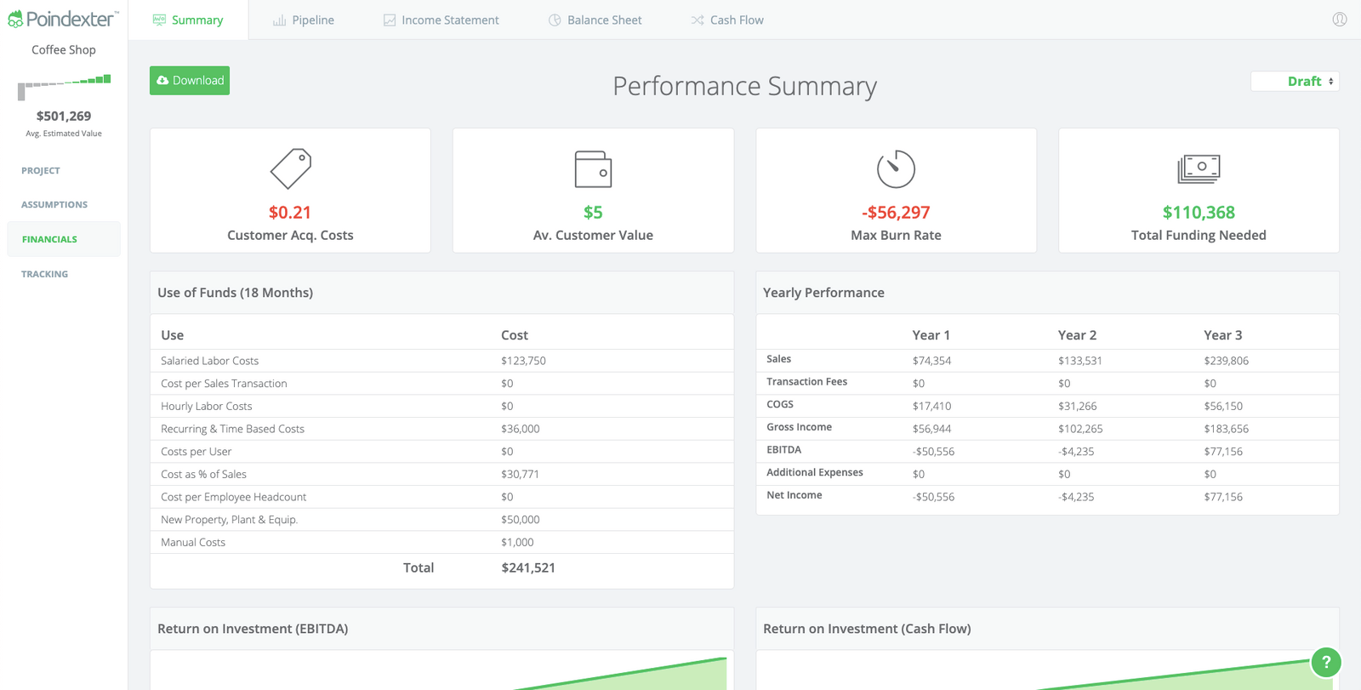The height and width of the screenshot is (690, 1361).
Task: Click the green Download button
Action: point(190,81)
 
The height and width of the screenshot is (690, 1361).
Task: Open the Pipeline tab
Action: point(304,20)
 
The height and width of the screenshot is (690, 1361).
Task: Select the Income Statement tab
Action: point(441,20)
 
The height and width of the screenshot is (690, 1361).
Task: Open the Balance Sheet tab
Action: point(595,20)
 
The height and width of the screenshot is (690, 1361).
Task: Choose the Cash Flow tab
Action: point(727,20)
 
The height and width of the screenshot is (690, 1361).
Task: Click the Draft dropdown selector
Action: point(1296,82)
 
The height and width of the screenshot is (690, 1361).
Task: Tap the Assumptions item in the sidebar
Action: point(54,205)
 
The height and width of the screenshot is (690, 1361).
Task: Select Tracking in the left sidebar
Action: point(44,275)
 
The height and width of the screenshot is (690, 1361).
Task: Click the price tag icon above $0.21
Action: point(291,168)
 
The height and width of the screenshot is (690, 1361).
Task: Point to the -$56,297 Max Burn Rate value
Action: point(896,213)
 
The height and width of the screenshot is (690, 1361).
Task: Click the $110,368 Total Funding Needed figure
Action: point(1199,213)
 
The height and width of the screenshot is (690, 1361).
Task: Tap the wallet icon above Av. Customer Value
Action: point(593,169)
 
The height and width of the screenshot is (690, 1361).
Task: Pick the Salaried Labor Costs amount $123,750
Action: point(523,361)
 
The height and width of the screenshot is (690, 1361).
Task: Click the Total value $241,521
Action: point(528,567)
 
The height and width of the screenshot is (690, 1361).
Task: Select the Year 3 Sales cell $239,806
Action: point(1226,361)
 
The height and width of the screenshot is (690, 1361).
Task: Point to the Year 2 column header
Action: point(1077,335)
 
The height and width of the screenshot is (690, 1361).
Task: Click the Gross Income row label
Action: point(799,427)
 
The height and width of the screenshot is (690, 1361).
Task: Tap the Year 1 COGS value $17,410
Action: point(931,407)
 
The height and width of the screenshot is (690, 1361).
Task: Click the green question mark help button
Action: point(1325,662)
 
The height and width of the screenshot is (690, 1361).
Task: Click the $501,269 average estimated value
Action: point(64,117)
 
